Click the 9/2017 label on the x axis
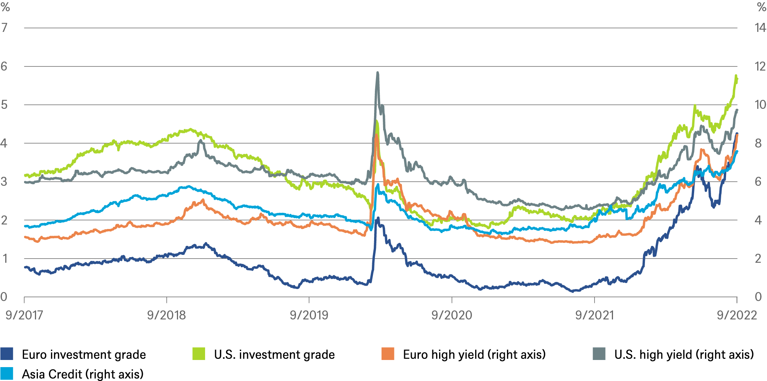24,315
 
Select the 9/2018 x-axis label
166,315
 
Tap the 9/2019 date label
309,315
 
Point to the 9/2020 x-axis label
451,315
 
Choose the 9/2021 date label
594,315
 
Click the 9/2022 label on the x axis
737,315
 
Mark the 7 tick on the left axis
4,27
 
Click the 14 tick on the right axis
760,27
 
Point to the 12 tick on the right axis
760,66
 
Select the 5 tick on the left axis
4,105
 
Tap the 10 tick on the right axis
760,105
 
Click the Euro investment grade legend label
84,354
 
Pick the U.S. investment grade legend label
274,354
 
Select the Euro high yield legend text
474,354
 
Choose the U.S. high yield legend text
684,354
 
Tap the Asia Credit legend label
83,374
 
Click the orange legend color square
388,354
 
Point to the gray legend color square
599,354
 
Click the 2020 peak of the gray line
377,72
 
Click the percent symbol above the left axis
5,7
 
